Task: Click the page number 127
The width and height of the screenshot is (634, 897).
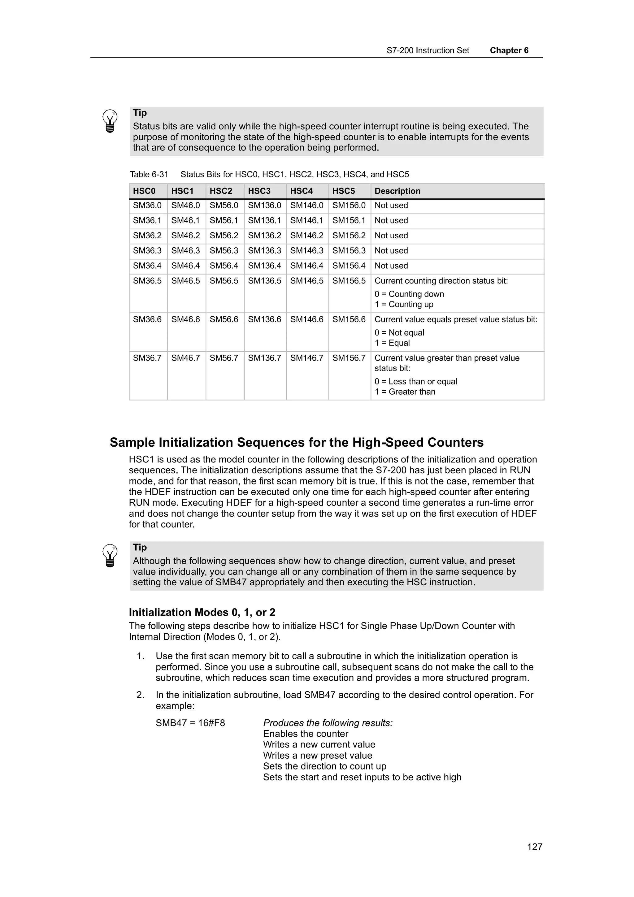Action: coord(534,847)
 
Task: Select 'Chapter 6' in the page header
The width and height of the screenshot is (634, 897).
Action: coord(509,50)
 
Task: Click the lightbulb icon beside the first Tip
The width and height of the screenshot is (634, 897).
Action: coord(110,121)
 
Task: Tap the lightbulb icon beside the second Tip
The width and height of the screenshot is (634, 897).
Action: coord(110,556)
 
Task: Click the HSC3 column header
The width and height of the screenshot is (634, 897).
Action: coord(259,191)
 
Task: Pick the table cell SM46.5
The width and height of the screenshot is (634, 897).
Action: coord(185,281)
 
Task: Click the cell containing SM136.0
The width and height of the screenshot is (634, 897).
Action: coord(264,206)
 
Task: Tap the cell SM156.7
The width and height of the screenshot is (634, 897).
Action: coord(349,358)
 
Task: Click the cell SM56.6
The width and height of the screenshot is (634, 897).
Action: coord(224,319)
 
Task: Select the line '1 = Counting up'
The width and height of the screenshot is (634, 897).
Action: coord(404,304)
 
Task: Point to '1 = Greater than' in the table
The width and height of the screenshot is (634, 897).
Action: coord(405,392)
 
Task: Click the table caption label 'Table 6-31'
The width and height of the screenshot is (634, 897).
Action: coord(149,175)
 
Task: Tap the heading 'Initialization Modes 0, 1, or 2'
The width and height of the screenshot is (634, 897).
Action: coord(202,612)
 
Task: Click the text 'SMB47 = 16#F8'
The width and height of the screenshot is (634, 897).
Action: coord(190,723)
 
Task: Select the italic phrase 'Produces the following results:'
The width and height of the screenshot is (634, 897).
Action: coord(327,723)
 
